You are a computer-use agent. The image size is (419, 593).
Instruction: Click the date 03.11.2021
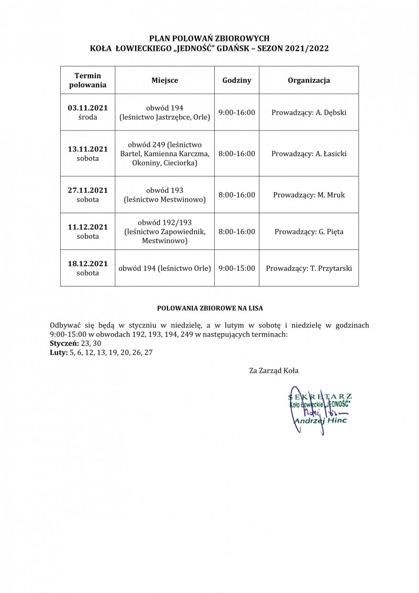tap(87, 108)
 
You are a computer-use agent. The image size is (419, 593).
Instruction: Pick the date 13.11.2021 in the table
tap(87, 149)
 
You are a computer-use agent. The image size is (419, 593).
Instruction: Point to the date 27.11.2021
tap(87, 190)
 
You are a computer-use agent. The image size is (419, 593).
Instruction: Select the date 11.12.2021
tap(87, 227)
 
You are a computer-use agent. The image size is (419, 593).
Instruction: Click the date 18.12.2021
tap(87, 263)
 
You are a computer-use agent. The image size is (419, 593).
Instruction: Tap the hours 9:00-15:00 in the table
tap(237, 268)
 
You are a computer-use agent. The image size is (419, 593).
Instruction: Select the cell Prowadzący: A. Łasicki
tap(308, 153)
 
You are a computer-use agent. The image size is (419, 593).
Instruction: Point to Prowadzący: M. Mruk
tap(308, 195)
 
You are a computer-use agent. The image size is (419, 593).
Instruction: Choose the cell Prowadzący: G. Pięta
tap(308, 232)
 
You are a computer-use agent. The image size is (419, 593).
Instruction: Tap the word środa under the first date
tap(87, 117)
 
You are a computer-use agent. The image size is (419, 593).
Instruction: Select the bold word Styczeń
tap(62, 343)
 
